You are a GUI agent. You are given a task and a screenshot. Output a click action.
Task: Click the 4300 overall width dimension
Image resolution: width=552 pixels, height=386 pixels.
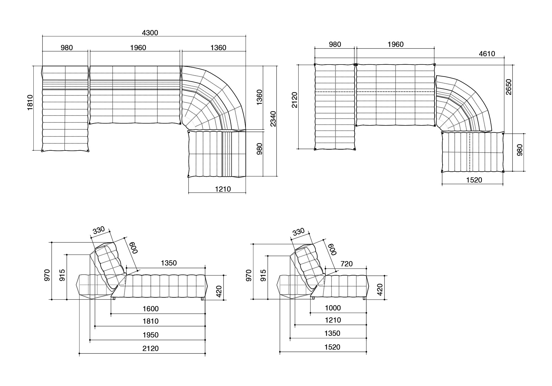(x=150, y=33)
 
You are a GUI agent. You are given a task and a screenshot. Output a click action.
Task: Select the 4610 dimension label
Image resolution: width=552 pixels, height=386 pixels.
(x=487, y=54)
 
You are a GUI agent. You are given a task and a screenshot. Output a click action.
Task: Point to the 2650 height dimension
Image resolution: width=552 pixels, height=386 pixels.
(x=509, y=87)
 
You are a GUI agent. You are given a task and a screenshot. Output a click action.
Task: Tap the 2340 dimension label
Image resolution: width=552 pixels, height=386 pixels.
(x=273, y=119)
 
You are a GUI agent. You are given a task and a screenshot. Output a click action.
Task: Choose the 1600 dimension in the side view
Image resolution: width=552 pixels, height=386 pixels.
(x=151, y=309)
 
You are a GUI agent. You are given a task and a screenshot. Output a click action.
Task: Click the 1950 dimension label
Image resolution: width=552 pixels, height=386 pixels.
(x=151, y=335)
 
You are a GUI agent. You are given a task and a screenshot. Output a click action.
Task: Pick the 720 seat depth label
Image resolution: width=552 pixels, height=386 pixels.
(x=347, y=264)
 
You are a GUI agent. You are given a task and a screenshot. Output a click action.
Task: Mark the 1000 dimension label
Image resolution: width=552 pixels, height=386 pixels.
(x=333, y=308)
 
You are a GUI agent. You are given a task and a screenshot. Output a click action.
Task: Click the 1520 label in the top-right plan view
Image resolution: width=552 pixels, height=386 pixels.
(x=474, y=180)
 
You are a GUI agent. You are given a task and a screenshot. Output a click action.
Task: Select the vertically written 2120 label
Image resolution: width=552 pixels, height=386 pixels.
(x=295, y=100)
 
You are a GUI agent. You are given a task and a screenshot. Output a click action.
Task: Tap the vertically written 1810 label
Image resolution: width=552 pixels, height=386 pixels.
(x=30, y=102)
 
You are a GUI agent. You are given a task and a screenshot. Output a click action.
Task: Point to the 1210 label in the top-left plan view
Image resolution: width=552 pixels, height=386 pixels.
(x=223, y=189)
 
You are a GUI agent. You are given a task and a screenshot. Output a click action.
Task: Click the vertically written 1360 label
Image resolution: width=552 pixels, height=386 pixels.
(x=259, y=97)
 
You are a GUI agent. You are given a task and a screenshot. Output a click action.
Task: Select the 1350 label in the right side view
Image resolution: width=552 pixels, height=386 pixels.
(x=332, y=333)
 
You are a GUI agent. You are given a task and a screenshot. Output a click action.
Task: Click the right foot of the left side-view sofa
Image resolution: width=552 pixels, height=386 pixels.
(x=203, y=299)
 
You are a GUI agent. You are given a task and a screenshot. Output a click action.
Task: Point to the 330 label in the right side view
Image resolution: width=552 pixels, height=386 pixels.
(x=298, y=232)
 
